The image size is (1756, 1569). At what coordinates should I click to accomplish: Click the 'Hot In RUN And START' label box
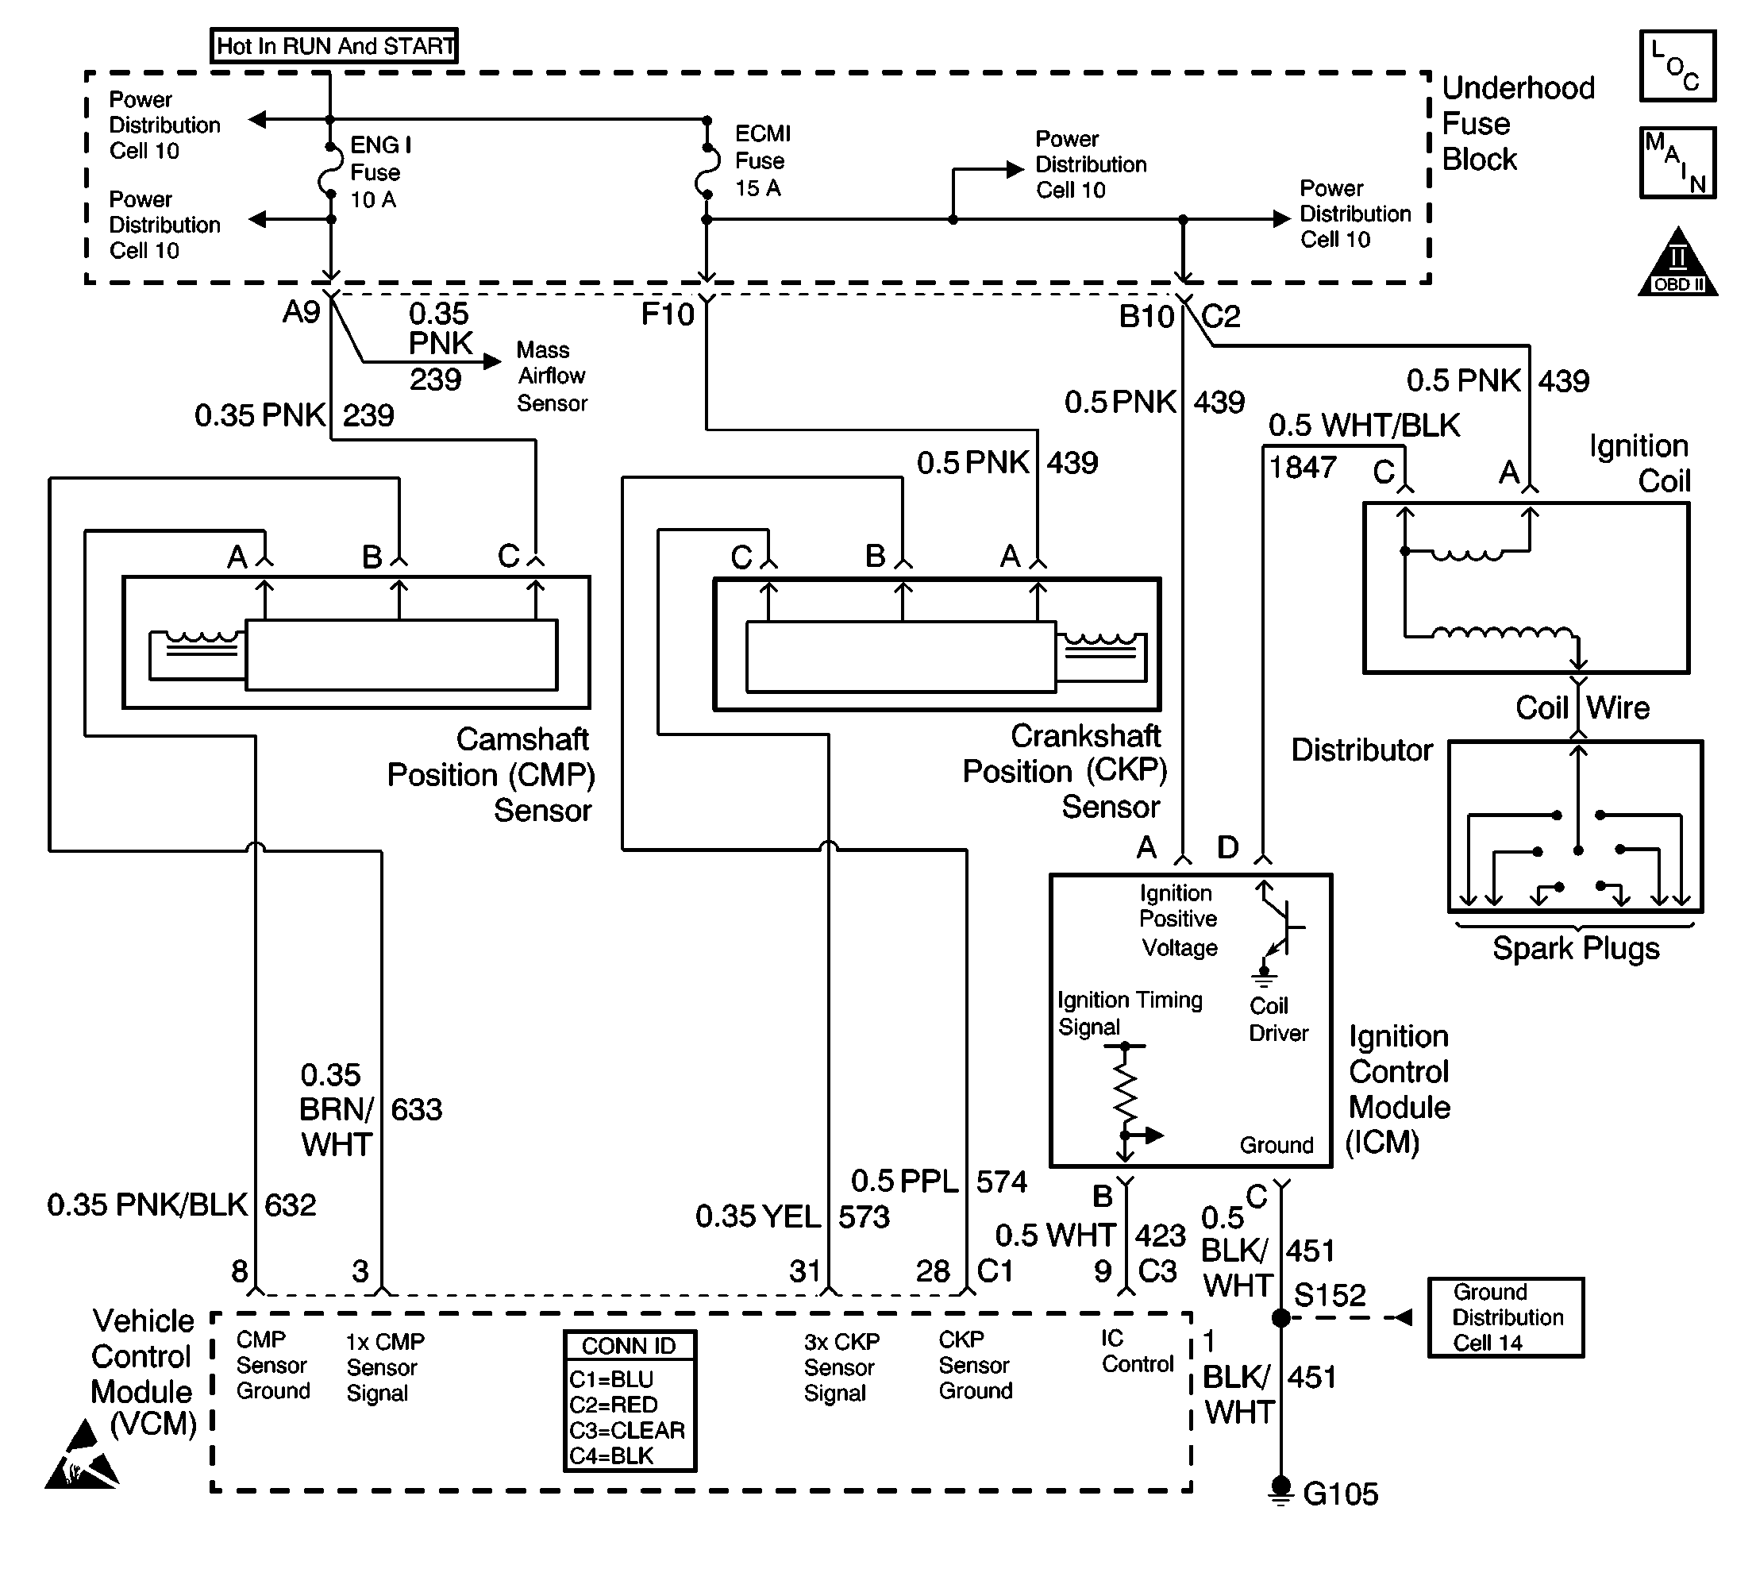point(334,44)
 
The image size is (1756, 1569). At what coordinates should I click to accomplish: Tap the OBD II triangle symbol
point(1677,262)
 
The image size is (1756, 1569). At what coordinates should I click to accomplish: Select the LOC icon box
point(1677,66)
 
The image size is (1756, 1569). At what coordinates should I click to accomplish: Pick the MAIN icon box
point(1677,163)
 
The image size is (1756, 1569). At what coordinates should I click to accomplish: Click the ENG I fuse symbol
point(329,171)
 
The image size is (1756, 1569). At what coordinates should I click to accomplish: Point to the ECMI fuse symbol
point(707,170)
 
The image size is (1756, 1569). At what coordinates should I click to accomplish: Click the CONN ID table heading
point(630,1346)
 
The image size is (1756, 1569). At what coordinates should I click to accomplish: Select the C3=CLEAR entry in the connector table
point(626,1430)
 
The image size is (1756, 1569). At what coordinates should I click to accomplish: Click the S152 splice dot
point(1281,1317)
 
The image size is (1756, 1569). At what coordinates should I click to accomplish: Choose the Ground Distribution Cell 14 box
point(1506,1317)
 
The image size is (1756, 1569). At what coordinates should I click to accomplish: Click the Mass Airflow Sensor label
point(552,376)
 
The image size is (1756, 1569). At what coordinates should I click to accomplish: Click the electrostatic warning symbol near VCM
point(82,1456)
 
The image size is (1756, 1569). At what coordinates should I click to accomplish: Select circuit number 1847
point(1302,467)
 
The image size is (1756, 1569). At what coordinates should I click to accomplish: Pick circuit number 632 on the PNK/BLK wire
point(291,1205)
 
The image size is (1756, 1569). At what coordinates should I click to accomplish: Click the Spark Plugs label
point(1576,949)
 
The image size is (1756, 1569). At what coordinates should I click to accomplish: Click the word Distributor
point(1362,750)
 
